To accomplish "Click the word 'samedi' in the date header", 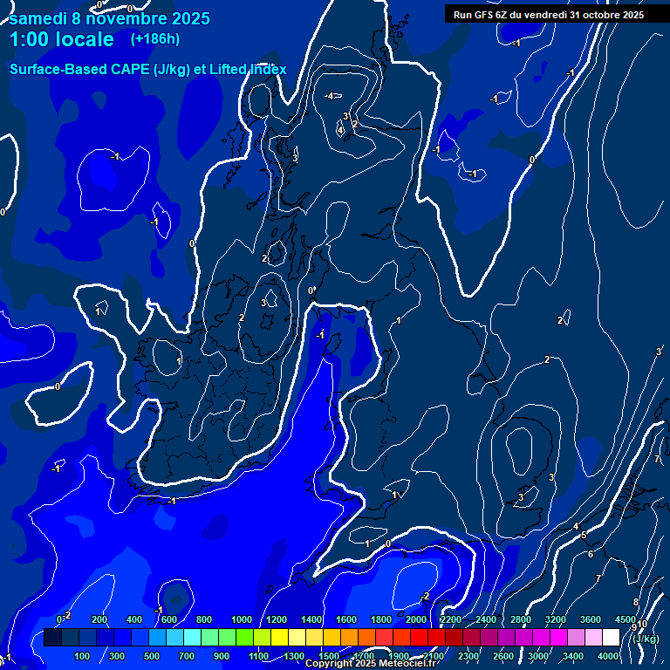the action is click(40, 17).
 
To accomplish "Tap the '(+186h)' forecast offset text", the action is click(154, 39).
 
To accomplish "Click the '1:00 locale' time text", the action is click(62, 39).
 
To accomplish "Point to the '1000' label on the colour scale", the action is click(241, 619).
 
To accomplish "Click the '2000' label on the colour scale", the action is click(415, 619).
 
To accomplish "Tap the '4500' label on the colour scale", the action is click(626, 619).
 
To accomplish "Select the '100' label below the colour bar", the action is click(82, 655).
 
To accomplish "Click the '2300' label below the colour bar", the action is click(468, 655).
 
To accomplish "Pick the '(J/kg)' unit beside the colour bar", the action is click(646, 638).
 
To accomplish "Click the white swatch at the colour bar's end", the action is click(611, 638).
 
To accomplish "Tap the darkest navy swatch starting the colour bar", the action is click(52, 638).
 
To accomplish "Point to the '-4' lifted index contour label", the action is click(329, 96).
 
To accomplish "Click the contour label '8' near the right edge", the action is click(635, 602).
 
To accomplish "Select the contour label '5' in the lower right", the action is click(584, 535).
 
